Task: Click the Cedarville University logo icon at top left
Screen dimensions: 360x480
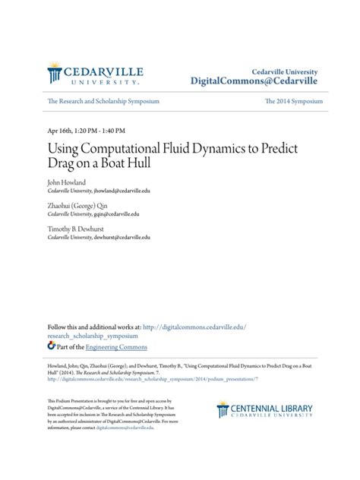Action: pos(55,74)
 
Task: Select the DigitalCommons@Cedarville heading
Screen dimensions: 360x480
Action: pos(254,81)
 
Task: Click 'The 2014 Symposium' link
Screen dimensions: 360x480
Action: pos(294,101)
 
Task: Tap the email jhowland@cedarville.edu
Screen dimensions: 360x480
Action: pos(120,191)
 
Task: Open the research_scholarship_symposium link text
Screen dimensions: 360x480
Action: pos(93,335)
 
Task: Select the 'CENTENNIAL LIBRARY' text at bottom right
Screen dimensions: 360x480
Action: pos(272,409)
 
